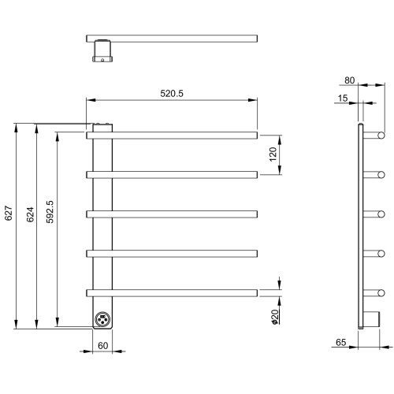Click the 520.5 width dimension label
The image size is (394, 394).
tap(172, 94)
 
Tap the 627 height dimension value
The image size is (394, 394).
tap(9, 213)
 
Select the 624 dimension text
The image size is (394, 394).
tap(30, 214)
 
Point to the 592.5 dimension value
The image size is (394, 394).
tap(50, 212)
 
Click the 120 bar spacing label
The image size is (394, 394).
tap(273, 154)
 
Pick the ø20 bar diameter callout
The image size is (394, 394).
tap(275, 317)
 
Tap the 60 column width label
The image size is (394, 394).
tap(102, 346)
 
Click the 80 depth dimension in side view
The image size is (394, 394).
tap(349, 80)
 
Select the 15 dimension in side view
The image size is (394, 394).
tap(343, 98)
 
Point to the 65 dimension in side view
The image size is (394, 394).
tap(340, 342)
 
